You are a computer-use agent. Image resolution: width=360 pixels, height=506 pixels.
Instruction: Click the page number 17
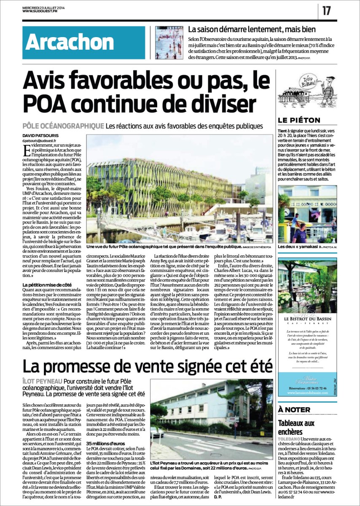pos(327,11)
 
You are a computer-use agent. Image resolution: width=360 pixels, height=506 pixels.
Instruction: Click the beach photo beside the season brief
pos(169,43)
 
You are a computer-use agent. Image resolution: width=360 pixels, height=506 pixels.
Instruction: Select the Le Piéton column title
pos(299,121)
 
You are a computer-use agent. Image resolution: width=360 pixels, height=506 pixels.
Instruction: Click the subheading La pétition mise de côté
pos(48,285)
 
